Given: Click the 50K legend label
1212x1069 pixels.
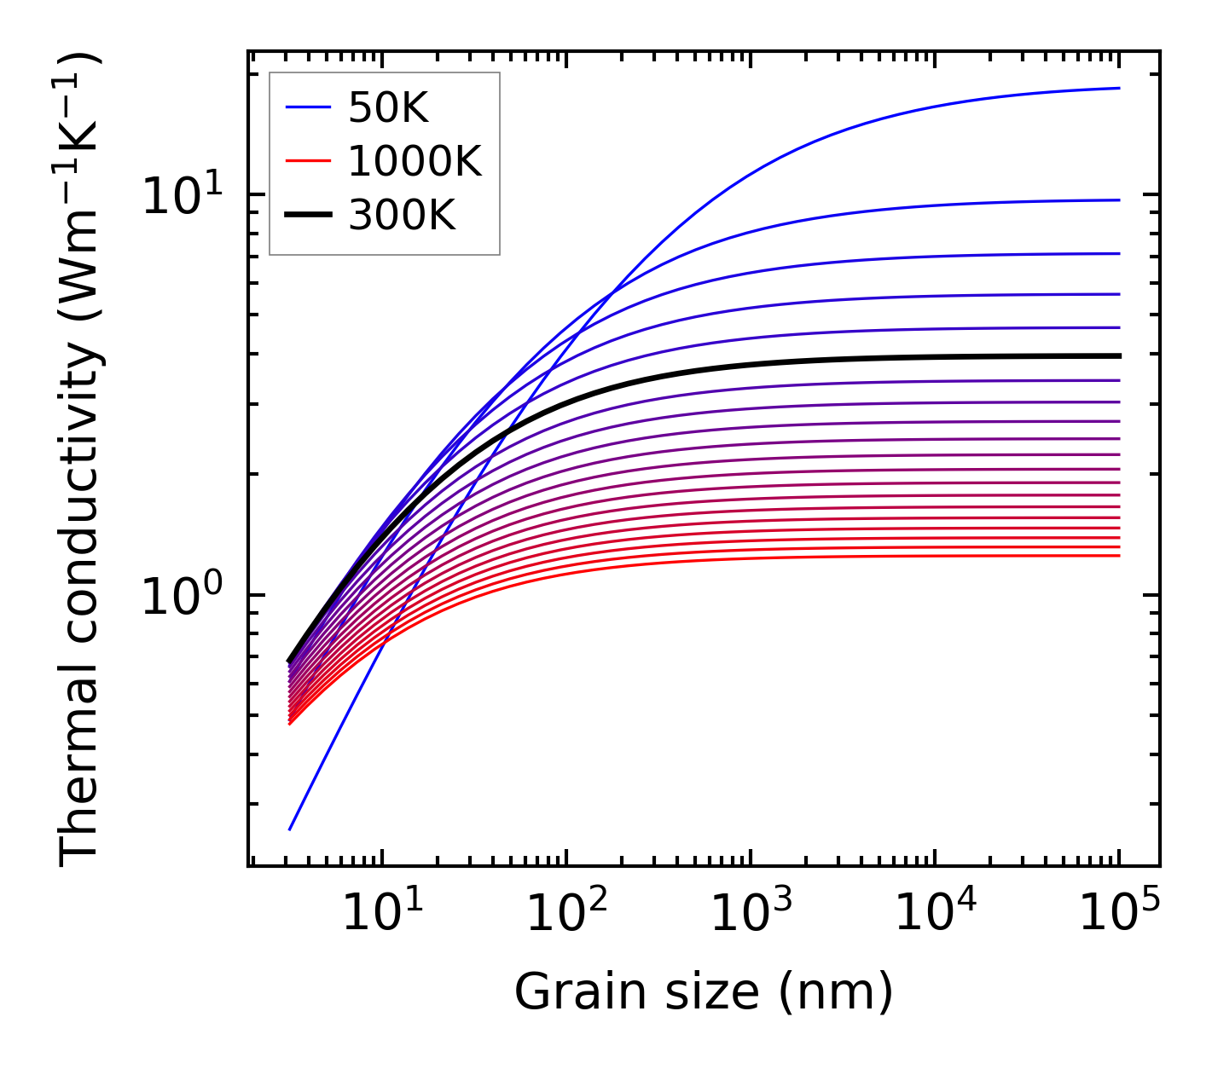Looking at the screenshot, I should click(388, 107).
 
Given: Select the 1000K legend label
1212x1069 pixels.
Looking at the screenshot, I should click(415, 161).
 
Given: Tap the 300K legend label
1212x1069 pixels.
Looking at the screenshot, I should click(402, 216).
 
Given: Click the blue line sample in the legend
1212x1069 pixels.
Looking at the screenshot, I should click(307, 107).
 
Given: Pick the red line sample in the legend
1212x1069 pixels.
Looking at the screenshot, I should click(307, 161).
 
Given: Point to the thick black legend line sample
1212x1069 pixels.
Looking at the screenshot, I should click(307, 216).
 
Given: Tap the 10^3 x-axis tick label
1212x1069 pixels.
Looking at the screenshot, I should click(750, 914).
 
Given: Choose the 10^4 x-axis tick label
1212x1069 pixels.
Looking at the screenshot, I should click(934, 914).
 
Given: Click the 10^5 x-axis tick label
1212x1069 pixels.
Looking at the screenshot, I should click(1119, 914).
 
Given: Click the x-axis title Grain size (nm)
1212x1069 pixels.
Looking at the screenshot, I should click(704, 992).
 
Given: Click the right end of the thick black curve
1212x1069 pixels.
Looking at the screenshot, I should click(1118, 355).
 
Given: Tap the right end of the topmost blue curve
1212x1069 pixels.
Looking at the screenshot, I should click(1118, 88).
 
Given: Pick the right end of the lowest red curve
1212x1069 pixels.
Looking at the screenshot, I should click(1118, 556).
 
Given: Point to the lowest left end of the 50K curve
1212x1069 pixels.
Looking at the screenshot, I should click(290, 829).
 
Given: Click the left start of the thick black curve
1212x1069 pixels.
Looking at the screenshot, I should click(289, 661).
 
